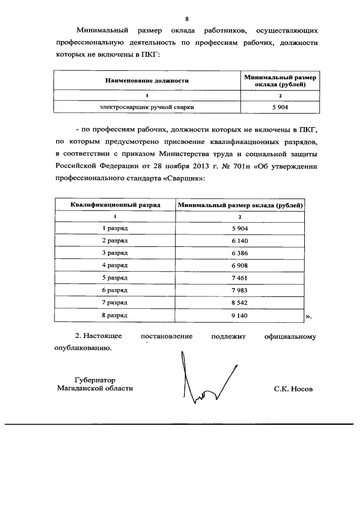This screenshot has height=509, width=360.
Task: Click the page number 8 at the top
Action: coord(179,18)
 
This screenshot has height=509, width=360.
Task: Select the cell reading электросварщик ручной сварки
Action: coord(147,106)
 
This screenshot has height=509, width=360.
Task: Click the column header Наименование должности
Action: coord(147,80)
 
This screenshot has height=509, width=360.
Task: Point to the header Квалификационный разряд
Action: coord(115,205)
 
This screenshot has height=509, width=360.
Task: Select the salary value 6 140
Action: coord(240,241)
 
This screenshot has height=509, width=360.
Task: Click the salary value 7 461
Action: coord(240,278)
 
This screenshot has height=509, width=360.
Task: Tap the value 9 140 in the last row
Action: coord(240,316)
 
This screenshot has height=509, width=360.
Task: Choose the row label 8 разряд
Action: coord(115,316)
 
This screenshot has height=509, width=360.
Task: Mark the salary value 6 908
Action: coord(240,265)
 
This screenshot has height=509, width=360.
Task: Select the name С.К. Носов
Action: coord(292,389)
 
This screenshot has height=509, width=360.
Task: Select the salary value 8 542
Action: coord(240,303)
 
